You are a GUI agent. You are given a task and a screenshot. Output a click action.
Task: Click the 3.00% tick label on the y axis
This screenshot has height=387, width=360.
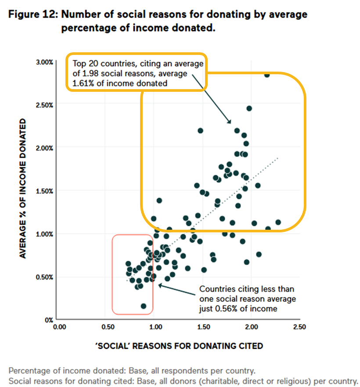tap(44, 62)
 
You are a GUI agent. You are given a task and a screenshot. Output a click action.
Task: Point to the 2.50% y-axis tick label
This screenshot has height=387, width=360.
tap(44, 105)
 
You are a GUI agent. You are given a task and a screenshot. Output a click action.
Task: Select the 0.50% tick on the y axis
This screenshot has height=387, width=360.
tap(44, 277)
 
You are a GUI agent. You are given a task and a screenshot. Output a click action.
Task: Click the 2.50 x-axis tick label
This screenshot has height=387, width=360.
tap(299, 327)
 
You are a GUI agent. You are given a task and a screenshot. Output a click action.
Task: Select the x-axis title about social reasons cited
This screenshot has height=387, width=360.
tap(179, 346)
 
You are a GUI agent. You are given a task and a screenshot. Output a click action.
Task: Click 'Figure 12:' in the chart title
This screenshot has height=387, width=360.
tap(33, 14)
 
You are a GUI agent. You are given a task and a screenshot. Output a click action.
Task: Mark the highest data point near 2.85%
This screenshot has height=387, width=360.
tap(266, 75)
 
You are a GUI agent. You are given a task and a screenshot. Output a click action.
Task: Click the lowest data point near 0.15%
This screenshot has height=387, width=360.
tap(144, 306)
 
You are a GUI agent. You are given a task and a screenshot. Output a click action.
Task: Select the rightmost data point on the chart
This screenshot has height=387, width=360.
tap(277, 222)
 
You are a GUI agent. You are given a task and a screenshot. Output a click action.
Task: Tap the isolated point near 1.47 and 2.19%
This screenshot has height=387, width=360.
tap(200, 130)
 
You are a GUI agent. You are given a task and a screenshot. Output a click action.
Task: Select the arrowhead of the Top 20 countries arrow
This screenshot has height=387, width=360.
tap(229, 122)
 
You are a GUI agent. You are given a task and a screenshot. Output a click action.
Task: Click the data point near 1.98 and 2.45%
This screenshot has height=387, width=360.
tap(249, 108)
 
